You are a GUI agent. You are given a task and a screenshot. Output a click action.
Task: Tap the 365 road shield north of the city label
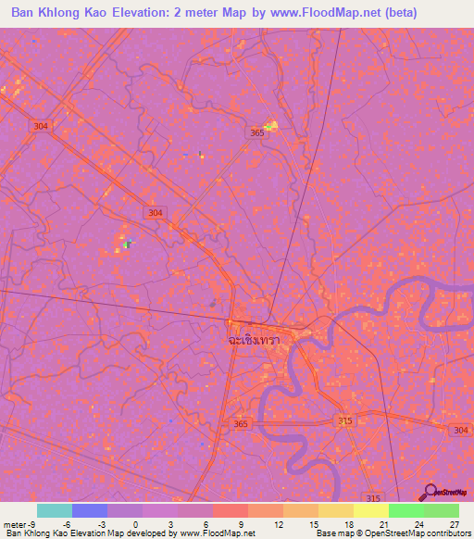tap(257, 133)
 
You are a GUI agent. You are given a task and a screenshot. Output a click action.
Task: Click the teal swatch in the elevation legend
tap(55, 510)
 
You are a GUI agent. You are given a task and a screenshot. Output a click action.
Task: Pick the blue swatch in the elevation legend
tap(90, 510)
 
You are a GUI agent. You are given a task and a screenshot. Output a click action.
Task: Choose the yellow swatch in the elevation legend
tap(371, 510)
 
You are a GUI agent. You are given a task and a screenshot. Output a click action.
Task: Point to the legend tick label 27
tap(454, 524)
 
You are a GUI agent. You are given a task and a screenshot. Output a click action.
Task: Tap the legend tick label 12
tap(277, 524)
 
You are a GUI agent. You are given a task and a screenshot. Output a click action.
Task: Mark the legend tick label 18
tap(347, 524)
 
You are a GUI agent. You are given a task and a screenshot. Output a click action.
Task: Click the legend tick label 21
tap(382, 524)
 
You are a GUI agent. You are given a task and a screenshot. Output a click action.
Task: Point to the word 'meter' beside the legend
tap(15, 524)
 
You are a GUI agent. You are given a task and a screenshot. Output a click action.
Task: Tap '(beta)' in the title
tap(393, 13)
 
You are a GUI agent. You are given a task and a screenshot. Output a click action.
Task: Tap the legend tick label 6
tap(206, 524)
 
